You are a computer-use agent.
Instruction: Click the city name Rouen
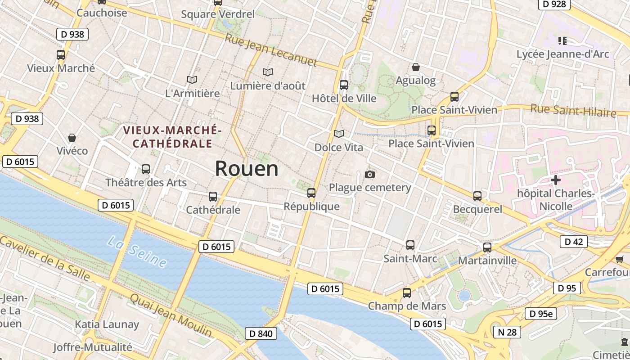[x=247, y=169]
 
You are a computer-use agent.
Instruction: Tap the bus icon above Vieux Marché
[x=61, y=55]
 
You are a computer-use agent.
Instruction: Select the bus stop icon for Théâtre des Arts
[x=146, y=169]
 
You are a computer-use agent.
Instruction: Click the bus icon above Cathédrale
[x=213, y=197]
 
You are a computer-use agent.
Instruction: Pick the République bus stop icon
[x=311, y=193]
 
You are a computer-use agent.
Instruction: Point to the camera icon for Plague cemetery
[x=370, y=174]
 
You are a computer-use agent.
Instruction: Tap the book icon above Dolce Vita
[x=338, y=134]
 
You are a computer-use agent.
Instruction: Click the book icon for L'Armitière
[x=192, y=80]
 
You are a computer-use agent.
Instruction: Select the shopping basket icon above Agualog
[x=416, y=67]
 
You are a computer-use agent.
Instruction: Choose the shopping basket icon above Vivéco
[x=72, y=137]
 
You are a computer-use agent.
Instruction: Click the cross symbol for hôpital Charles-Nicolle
[x=556, y=180]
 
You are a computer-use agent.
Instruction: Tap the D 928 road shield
[x=554, y=4]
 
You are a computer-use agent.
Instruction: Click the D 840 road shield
[x=261, y=333]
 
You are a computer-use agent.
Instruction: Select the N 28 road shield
[x=507, y=332]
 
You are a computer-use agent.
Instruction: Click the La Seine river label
[x=137, y=253]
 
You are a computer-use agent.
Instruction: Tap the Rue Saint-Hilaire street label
[x=573, y=110]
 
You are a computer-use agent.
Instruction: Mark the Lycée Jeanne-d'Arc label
[x=562, y=54]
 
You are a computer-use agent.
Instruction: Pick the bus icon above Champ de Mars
[x=407, y=293]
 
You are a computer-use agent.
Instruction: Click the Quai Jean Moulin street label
[x=171, y=315]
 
